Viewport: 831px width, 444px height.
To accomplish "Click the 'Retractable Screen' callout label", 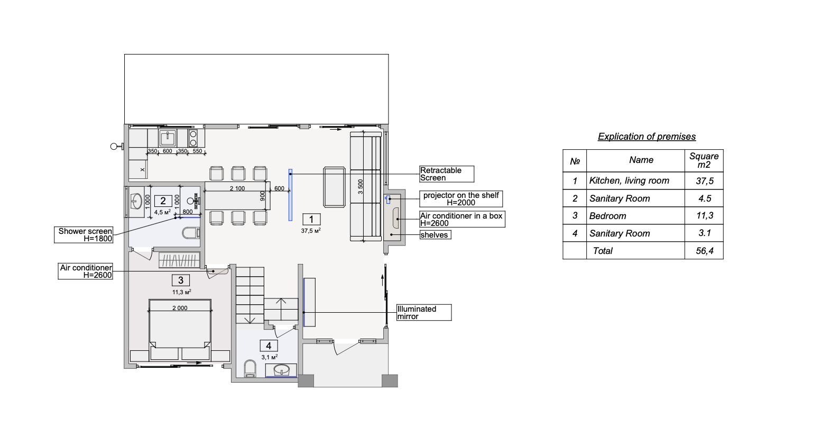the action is click(x=447, y=174).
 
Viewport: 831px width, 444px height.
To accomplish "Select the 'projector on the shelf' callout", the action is click(x=461, y=199).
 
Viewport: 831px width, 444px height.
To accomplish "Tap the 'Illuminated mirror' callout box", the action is click(x=424, y=313).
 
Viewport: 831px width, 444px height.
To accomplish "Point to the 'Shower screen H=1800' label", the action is click(x=84, y=235).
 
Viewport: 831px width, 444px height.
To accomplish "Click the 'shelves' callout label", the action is click(x=435, y=234).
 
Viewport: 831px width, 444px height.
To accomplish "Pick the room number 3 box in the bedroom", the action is click(x=181, y=280).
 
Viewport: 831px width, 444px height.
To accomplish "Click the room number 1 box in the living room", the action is click(x=311, y=220).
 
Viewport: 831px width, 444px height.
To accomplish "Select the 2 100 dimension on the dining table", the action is click(x=237, y=188).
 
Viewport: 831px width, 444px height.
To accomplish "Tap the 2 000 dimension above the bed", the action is click(x=180, y=308).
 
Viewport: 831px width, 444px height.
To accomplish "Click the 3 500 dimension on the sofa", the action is click(x=360, y=187).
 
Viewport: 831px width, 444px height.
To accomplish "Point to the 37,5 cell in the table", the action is click(x=704, y=181).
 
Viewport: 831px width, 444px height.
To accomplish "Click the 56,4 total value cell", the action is click(x=704, y=251).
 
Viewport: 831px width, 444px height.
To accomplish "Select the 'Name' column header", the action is click(x=641, y=160).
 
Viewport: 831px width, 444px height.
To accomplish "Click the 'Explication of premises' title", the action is click(x=647, y=137).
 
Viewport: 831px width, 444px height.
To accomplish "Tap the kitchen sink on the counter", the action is click(x=168, y=138).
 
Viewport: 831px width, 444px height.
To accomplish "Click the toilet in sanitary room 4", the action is click(x=251, y=369).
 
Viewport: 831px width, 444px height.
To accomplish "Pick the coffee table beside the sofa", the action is click(x=334, y=187).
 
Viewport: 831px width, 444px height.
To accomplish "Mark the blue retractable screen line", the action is click(x=290, y=195).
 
